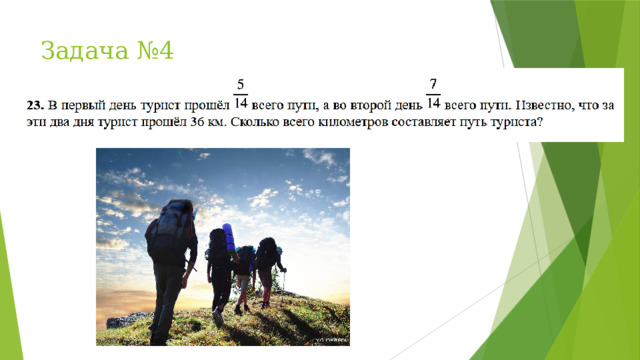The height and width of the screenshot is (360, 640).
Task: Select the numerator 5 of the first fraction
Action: (240, 86)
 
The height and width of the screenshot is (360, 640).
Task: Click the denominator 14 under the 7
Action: (432, 104)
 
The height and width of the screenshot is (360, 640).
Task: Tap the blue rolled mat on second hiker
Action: (229, 238)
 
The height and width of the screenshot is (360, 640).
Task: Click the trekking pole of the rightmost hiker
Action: (283, 290)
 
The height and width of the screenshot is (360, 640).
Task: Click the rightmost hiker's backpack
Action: (267, 251)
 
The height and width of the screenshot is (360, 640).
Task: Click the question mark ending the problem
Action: (540, 124)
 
